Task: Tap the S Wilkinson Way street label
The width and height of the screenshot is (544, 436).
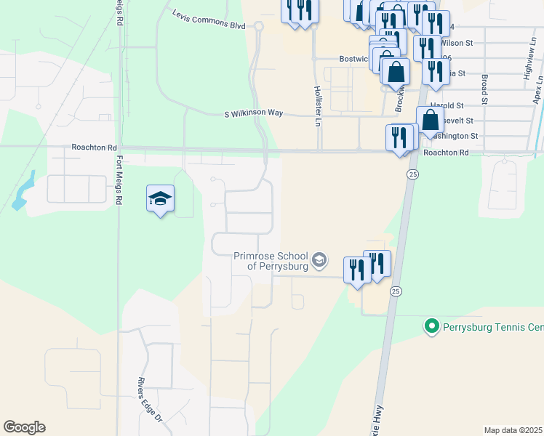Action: point(253,113)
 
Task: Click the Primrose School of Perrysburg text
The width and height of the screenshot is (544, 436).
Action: point(270,261)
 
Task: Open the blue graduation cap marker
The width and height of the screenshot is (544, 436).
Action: point(160,198)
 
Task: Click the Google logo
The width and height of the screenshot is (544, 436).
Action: point(25,427)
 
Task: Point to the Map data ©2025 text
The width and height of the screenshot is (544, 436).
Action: point(512,430)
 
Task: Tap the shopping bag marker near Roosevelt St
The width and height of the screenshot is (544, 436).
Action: point(430,120)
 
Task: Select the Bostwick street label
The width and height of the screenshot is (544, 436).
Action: point(355,60)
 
